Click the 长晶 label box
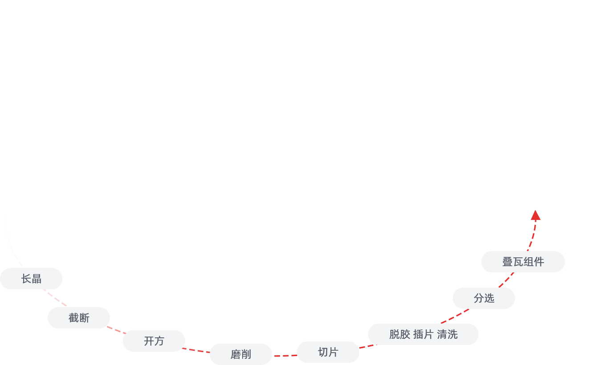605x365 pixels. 31,279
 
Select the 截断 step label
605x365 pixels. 79,318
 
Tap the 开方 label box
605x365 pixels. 154,341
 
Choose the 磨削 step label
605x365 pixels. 241,354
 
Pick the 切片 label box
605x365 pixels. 328,352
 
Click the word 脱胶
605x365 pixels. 399,334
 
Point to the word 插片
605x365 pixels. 423,334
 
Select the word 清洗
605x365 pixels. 447,334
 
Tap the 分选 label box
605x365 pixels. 484,298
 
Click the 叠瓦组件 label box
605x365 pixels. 523,262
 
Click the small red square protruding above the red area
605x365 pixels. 536,215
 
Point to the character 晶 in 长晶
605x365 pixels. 37,279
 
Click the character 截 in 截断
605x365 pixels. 73,318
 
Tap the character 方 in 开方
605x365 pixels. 159,341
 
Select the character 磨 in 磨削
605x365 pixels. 236,354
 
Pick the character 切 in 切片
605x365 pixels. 323,352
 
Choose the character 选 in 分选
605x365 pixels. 489,298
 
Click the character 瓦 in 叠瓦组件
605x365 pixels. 518,262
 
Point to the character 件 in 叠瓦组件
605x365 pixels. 539,262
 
